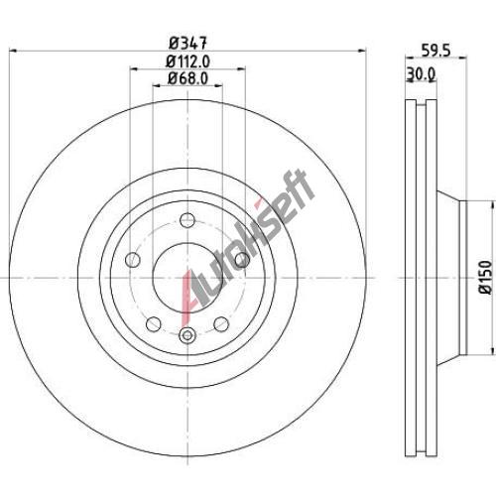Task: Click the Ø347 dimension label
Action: point(187,43)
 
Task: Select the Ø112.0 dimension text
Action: point(187,62)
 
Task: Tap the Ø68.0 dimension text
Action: point(187,78)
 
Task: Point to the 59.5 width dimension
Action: point(435,51)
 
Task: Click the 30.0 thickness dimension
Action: point(421,74)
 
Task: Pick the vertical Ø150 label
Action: point(486,277)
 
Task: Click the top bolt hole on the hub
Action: point(187,220)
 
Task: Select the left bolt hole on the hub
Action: point(133,260)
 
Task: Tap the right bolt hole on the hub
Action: point(242,260)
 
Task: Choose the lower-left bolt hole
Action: point(154,323)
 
